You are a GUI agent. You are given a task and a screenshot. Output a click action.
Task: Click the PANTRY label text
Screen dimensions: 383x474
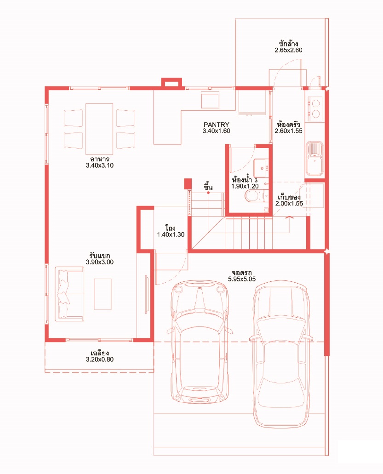point(216,124)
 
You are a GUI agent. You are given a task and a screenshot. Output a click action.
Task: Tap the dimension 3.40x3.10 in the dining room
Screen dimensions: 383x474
point(99,166)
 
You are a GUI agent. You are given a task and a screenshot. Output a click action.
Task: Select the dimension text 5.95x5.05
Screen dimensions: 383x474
point(242,279)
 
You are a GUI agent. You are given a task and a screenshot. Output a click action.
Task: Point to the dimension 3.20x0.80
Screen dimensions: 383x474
point(99,360)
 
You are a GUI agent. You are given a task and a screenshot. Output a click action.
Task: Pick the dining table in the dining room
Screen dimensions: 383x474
point(99,129)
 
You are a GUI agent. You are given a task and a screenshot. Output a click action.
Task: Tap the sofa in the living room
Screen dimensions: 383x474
point(69,294)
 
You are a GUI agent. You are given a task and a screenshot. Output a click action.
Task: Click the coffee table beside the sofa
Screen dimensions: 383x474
point(103,294)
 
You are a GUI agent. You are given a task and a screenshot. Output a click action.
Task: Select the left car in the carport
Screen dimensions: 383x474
point(200,341)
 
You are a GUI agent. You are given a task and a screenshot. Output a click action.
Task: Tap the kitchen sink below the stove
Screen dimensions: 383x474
point(314,158)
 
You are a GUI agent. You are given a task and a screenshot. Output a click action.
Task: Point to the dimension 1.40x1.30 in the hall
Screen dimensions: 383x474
point(171,234)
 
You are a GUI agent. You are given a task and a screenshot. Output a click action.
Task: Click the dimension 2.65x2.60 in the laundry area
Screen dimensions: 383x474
point(288,50)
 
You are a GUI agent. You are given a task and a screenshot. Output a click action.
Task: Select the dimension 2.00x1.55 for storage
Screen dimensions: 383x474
point(289,204)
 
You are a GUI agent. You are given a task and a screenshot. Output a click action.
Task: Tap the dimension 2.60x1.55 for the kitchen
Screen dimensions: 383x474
point(288,131)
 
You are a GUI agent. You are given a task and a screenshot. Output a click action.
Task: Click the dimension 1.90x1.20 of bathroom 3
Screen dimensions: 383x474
point(245,186)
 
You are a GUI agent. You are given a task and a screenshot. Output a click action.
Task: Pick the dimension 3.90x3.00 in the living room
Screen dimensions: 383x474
point(99,262)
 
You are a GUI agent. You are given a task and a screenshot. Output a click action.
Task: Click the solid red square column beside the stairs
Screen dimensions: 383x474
point(188,183)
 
